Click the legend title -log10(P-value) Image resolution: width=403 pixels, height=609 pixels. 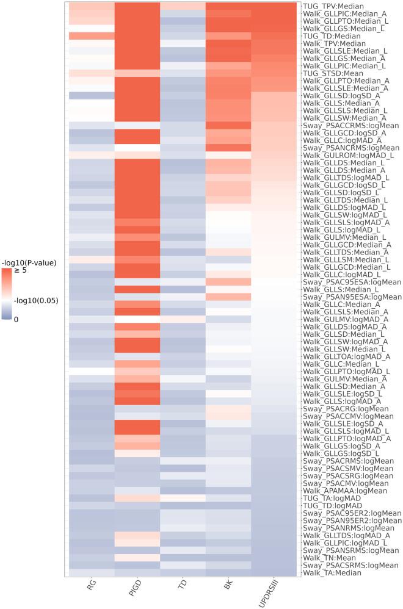(29, 263)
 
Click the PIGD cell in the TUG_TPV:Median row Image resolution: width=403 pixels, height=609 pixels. (137, 5)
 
